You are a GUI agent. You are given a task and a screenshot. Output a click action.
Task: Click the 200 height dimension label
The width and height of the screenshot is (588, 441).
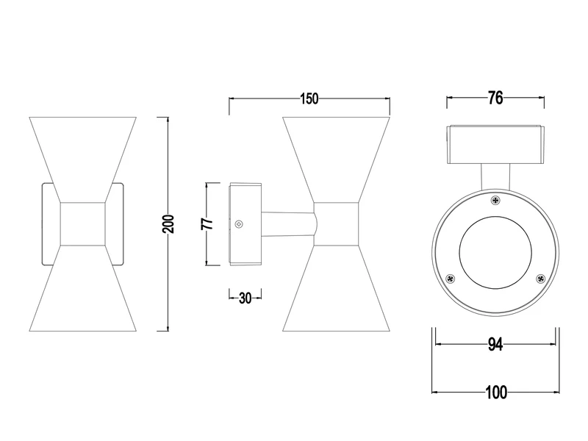(x=168, y=223)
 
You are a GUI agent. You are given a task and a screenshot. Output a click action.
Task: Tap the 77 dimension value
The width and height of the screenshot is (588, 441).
(x=208, y=223)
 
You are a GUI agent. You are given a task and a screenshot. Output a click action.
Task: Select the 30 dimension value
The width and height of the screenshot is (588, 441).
(x=245, y=298)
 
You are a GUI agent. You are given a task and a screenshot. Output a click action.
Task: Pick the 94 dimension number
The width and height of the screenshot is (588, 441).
(x=495, y=345)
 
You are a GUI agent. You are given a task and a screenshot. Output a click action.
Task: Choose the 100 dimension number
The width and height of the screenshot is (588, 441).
(x=496, y=392)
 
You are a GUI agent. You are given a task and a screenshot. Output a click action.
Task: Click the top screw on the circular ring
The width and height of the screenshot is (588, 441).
(x=495, y=200)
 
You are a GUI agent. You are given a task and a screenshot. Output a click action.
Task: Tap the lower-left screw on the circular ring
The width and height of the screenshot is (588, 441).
(x=451, y=278)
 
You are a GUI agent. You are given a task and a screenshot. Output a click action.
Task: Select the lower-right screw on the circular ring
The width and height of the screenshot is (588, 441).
(x=541, y=278)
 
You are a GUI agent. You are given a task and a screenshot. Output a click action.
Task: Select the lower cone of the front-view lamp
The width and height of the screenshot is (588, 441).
(x=82, y=294)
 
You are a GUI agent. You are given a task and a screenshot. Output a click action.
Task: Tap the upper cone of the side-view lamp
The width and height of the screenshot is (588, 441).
(x=336, y=154)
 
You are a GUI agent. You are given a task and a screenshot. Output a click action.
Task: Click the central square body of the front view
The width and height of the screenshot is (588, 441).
(x=82, y=223)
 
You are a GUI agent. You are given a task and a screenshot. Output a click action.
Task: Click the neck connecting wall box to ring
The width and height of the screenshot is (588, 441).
(x=495, y=177)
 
